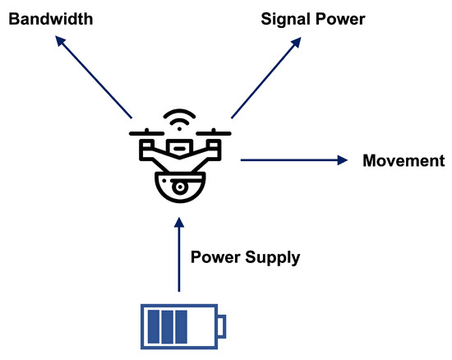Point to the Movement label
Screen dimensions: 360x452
click(403, 160)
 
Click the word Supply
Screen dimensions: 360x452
click(270, 257)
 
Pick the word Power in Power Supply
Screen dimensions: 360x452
click(214, 257)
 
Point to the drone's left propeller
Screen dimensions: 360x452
click(145, 132)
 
